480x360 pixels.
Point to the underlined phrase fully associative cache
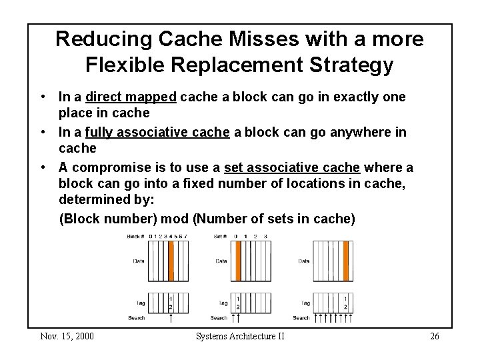pos(157,132)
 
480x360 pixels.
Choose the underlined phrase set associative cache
pos(292,167)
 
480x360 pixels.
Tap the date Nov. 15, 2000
pos(67,335)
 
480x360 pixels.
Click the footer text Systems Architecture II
pos(240,335)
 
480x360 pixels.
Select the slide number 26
pos(434,335)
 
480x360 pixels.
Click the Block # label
pos(136,237)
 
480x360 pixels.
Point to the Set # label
pos(219,237)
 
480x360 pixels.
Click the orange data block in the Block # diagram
pos(171,260)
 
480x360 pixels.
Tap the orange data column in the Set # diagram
pos(237,260)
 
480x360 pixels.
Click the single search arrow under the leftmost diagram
pos(171,317)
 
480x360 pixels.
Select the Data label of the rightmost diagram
pos(304,261)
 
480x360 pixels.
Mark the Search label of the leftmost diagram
pos(136,318)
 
